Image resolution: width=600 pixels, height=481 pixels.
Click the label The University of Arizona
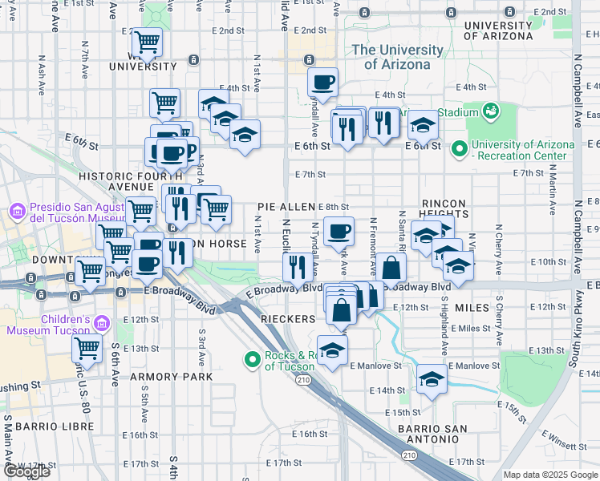coord(398,57)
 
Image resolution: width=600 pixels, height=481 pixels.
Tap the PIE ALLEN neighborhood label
coord(286,207)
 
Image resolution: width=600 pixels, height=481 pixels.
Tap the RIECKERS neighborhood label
coord(289,319)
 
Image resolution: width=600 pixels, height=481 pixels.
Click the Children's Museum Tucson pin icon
coord(101,323)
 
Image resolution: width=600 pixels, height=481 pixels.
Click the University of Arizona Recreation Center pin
coord(460,149)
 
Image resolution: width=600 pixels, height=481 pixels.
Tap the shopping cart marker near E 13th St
coord(87,349)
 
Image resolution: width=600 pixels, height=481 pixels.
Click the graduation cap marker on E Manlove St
coord(432,378)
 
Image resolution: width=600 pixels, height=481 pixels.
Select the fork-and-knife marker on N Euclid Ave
coord(297,267)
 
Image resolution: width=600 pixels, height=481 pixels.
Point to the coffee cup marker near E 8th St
coord(339,230)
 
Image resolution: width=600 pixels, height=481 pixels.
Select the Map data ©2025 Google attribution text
coord(550,475)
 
